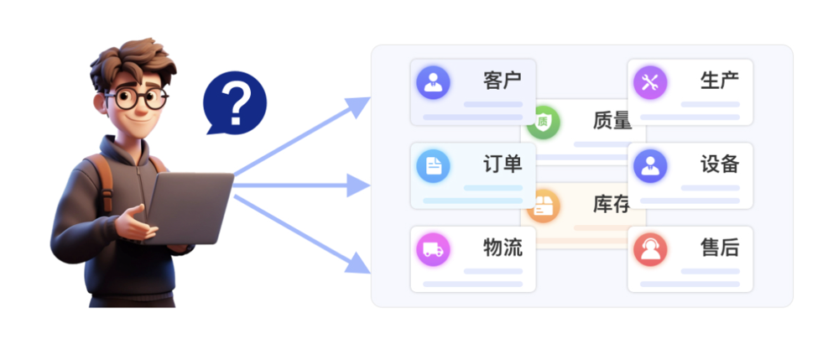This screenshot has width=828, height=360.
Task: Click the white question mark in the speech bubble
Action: coord(237,102)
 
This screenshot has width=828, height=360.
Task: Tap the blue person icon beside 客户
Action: coord(433,82)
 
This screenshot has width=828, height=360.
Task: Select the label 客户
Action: coord(503,81)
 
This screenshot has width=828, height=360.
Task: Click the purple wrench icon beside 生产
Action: coord(650,82)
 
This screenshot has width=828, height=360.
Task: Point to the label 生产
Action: coord(720,81)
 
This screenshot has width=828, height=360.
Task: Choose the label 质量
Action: coord(612,121)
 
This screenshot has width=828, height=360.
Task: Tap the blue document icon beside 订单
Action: coord(433,165)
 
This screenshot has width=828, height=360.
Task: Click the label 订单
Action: coord(503,164)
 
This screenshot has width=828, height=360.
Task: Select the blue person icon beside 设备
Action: coord(650,165)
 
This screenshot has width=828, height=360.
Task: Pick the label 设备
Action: coord(720,164)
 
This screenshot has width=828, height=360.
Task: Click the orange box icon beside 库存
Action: coord(544,205)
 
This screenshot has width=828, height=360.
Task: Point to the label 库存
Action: coord(612,204)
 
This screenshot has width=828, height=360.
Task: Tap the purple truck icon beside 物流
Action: coord(433,249)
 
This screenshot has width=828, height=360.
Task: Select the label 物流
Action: coord(503,248)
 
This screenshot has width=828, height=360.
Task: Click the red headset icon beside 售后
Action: coord(650,249)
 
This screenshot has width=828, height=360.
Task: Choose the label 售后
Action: coord(720,248)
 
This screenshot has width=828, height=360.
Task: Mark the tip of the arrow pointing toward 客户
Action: coord(370,98)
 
